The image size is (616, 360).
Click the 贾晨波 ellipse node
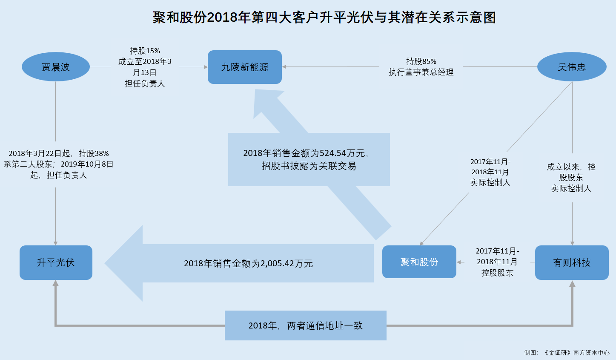56,66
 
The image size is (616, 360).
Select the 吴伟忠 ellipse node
572,66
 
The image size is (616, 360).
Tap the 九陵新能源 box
245,67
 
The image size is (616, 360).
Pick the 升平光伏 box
56,262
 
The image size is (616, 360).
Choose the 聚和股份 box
419,262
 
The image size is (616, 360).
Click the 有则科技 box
572,262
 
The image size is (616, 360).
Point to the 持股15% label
145,51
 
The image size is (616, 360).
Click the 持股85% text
421,61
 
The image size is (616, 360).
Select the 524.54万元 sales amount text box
309,160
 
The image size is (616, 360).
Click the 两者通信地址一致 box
306,325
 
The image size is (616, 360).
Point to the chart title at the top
324,17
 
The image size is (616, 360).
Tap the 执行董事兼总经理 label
421,72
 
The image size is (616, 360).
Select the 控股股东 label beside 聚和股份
497,273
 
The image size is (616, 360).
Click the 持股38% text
94,153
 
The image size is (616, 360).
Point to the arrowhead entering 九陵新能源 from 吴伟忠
284,66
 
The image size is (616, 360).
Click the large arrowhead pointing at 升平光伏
124,263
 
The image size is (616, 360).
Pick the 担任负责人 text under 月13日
145,84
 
